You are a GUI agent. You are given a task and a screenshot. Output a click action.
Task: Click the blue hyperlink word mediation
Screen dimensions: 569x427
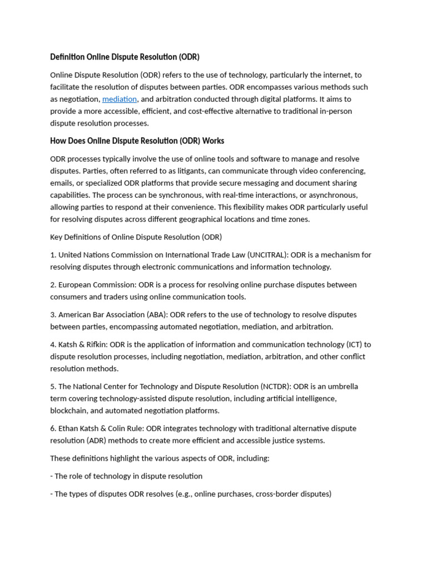(120, 99)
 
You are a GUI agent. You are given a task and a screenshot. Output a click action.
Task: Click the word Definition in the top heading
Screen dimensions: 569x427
(67, 57)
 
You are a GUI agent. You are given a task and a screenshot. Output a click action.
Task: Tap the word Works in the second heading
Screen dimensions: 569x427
(213, 141)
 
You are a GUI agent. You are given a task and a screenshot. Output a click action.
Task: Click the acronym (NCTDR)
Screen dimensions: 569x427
(275, 387)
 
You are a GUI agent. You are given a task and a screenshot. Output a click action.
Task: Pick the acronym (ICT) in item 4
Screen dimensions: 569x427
(349, 345)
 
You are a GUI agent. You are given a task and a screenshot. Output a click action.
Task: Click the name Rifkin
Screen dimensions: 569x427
(96, 345)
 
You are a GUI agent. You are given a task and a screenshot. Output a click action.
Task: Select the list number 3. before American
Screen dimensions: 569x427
(53, 315)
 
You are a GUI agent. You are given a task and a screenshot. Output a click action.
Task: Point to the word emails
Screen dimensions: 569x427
(61, 183)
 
